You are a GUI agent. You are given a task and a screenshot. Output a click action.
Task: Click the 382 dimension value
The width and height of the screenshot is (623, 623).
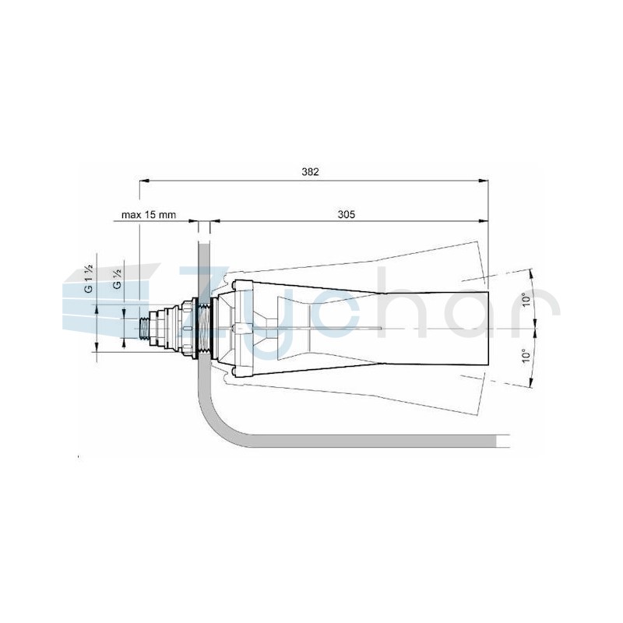pyautogui.click(x=310, y=171)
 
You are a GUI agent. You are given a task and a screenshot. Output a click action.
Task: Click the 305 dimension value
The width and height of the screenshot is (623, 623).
pyautogui.click(x=347, y=215)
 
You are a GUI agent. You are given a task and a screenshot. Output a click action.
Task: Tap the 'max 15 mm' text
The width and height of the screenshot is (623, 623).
pyautogui.click(x=149, y=215)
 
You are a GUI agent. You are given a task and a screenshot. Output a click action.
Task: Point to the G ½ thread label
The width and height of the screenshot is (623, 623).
pyautogui.click(x=118, y=278)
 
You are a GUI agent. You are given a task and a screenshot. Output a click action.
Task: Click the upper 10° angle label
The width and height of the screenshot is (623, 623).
pyautogui.click(x=526, y=300)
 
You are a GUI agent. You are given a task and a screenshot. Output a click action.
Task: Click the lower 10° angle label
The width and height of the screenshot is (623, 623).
pyautogui.click(x=526, y=356)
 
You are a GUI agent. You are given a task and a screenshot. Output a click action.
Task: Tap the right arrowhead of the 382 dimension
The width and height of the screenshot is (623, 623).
pyautogui.click(x=484, y=181)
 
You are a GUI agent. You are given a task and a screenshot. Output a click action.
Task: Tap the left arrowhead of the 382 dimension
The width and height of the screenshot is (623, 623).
pyautogui.click(x=144, y=181)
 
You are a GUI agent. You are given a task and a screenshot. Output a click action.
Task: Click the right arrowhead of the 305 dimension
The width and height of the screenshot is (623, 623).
pyautogui.click(x=484, y=221)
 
